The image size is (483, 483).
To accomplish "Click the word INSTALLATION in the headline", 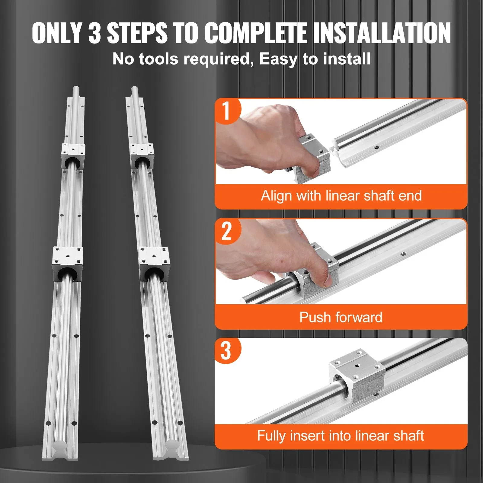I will point(382,33).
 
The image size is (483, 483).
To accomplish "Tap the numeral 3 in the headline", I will point(94,33).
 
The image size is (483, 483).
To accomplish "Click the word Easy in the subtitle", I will point(278,59).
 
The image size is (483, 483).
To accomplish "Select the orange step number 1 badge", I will point(226,111).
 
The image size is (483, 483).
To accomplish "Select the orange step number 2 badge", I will point(226,231).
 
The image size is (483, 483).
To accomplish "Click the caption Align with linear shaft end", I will point(341,196).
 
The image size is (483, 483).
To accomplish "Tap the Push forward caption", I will point(341,317).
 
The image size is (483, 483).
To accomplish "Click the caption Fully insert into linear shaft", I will point(341,436).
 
